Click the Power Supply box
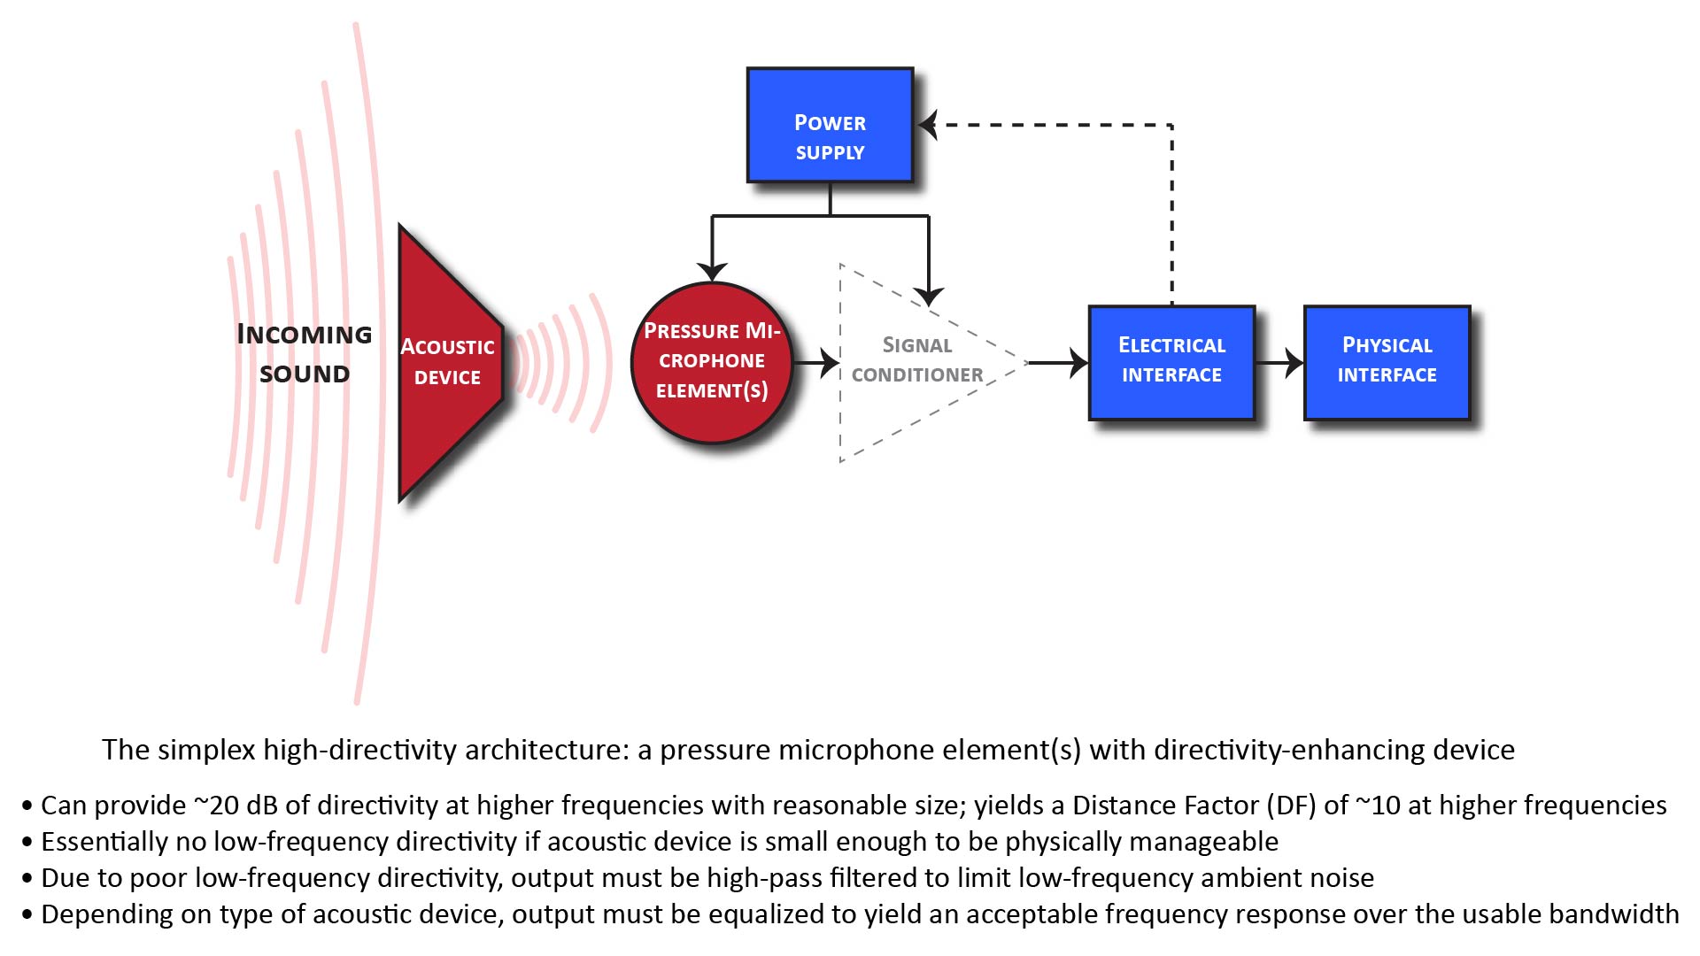[x=830, y=125]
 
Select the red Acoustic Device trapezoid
[x=447, y=362]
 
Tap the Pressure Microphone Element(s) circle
[x=712, y=362]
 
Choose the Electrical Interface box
[x=1171, y=362]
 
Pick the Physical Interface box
[x=1387, y=362]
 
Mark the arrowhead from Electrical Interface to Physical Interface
[x=1294, y=362]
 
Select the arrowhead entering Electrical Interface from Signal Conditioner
[x=1078, y=362]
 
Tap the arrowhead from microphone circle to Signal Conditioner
[x=830, y=362]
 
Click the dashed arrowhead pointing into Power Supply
[x=928, y=125]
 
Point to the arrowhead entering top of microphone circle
[x=712, y=271]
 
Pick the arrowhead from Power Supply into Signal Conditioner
[x=929, y=296]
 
